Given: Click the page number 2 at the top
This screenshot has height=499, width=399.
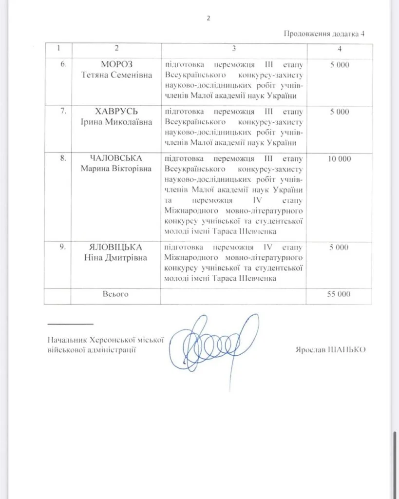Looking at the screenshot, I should click(209, 18).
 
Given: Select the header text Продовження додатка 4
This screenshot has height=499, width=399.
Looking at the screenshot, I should click(324, 34).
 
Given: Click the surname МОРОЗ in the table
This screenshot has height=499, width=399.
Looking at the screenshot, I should click(116, 65).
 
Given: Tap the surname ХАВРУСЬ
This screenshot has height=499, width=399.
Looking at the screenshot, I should click(116, 112).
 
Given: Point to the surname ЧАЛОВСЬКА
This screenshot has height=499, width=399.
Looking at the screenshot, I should click(116, 159).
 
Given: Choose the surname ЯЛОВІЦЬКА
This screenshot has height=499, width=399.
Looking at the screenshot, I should click(116, 247).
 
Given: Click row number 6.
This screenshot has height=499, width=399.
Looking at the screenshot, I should click(62, 65).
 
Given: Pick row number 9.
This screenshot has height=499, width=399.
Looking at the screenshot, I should click(62, 247).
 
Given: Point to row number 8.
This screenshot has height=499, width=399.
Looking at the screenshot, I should click(62, 159).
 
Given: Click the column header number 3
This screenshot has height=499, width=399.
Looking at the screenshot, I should click(234, 49).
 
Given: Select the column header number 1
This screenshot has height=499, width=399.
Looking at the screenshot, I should click(58, 49).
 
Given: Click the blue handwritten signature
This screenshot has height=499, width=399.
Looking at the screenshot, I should click(214, 341).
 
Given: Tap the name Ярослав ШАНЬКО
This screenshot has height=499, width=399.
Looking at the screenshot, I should click(330, 349).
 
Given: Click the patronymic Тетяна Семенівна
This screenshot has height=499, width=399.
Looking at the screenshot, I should click(116, 75).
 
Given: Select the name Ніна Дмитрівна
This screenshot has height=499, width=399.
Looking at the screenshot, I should click(116, 257).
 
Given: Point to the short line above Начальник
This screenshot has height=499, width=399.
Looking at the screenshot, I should click(70, 324).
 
